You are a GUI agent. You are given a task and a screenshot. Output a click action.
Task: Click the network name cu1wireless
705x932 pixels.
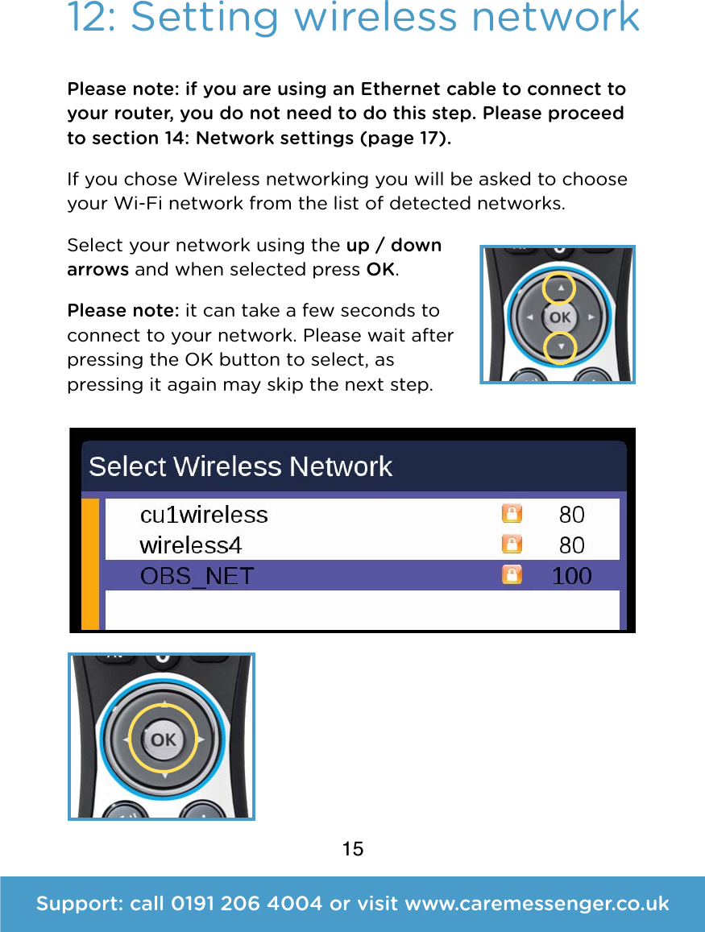click(x=204, y=515)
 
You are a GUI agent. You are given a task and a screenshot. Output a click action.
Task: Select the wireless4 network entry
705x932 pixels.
click(x=191, y=545)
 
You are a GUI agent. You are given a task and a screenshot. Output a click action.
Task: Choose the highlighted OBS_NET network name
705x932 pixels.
click(x=197, y=576)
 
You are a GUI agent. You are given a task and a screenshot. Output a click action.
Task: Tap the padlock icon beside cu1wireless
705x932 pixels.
click(x=512, y=514)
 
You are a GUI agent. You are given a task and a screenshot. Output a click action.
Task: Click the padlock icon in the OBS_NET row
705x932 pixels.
click(x=512, y=574)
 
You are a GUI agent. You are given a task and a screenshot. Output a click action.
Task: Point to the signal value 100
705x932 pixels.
click(x=571, y=576)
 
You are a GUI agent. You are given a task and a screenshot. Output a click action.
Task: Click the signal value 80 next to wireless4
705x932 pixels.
click(x=571, y=545)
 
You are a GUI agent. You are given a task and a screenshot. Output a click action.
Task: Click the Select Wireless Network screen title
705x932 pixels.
click(x=240, y=466)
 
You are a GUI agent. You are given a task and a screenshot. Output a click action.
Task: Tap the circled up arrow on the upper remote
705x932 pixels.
click(x=559, y=288)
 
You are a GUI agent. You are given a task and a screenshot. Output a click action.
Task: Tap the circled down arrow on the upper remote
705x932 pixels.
click(x=559, y=347)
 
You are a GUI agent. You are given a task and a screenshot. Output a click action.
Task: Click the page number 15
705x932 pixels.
click(x=352, y=848)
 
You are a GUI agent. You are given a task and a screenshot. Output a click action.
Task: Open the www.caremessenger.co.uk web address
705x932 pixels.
click(x=537, y=904)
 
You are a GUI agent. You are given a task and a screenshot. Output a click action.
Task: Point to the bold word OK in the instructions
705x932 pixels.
click(x=380, y=270)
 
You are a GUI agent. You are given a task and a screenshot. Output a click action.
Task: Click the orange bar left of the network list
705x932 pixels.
click(x=90, y=564)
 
